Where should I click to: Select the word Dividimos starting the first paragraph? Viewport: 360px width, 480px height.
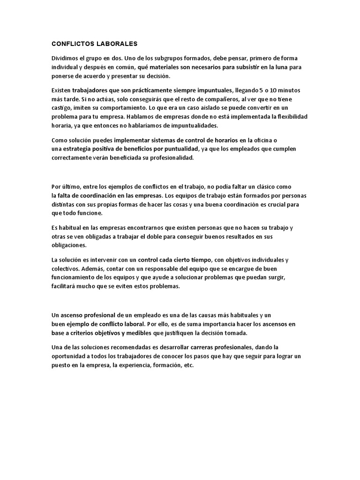[x=65, y=58]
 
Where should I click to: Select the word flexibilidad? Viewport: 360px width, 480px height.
[x=290, y=116]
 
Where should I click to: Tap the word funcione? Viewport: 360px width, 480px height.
[x=90, y=213]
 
